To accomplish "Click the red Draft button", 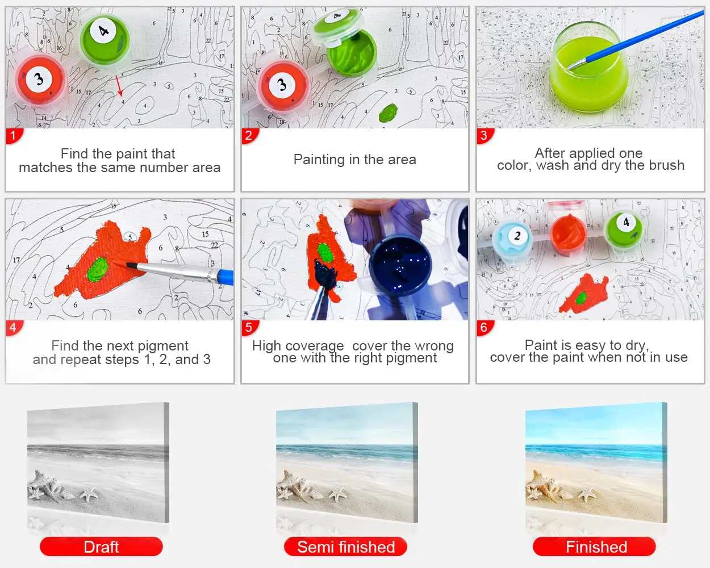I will click(x=101, y=546).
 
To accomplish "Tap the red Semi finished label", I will click(x=345, y=546).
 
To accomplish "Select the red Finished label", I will click(x=595, y=546).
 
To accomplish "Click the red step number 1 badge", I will click(x=13, y=136).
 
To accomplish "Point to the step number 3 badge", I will click(x=484, y=136).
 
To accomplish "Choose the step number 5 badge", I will click(x=249, y=327).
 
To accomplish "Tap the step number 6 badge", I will click(x=484, y=327).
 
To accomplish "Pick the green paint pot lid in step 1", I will click(x=104, y=37).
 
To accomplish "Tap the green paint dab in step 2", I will click(x=388, y=112).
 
